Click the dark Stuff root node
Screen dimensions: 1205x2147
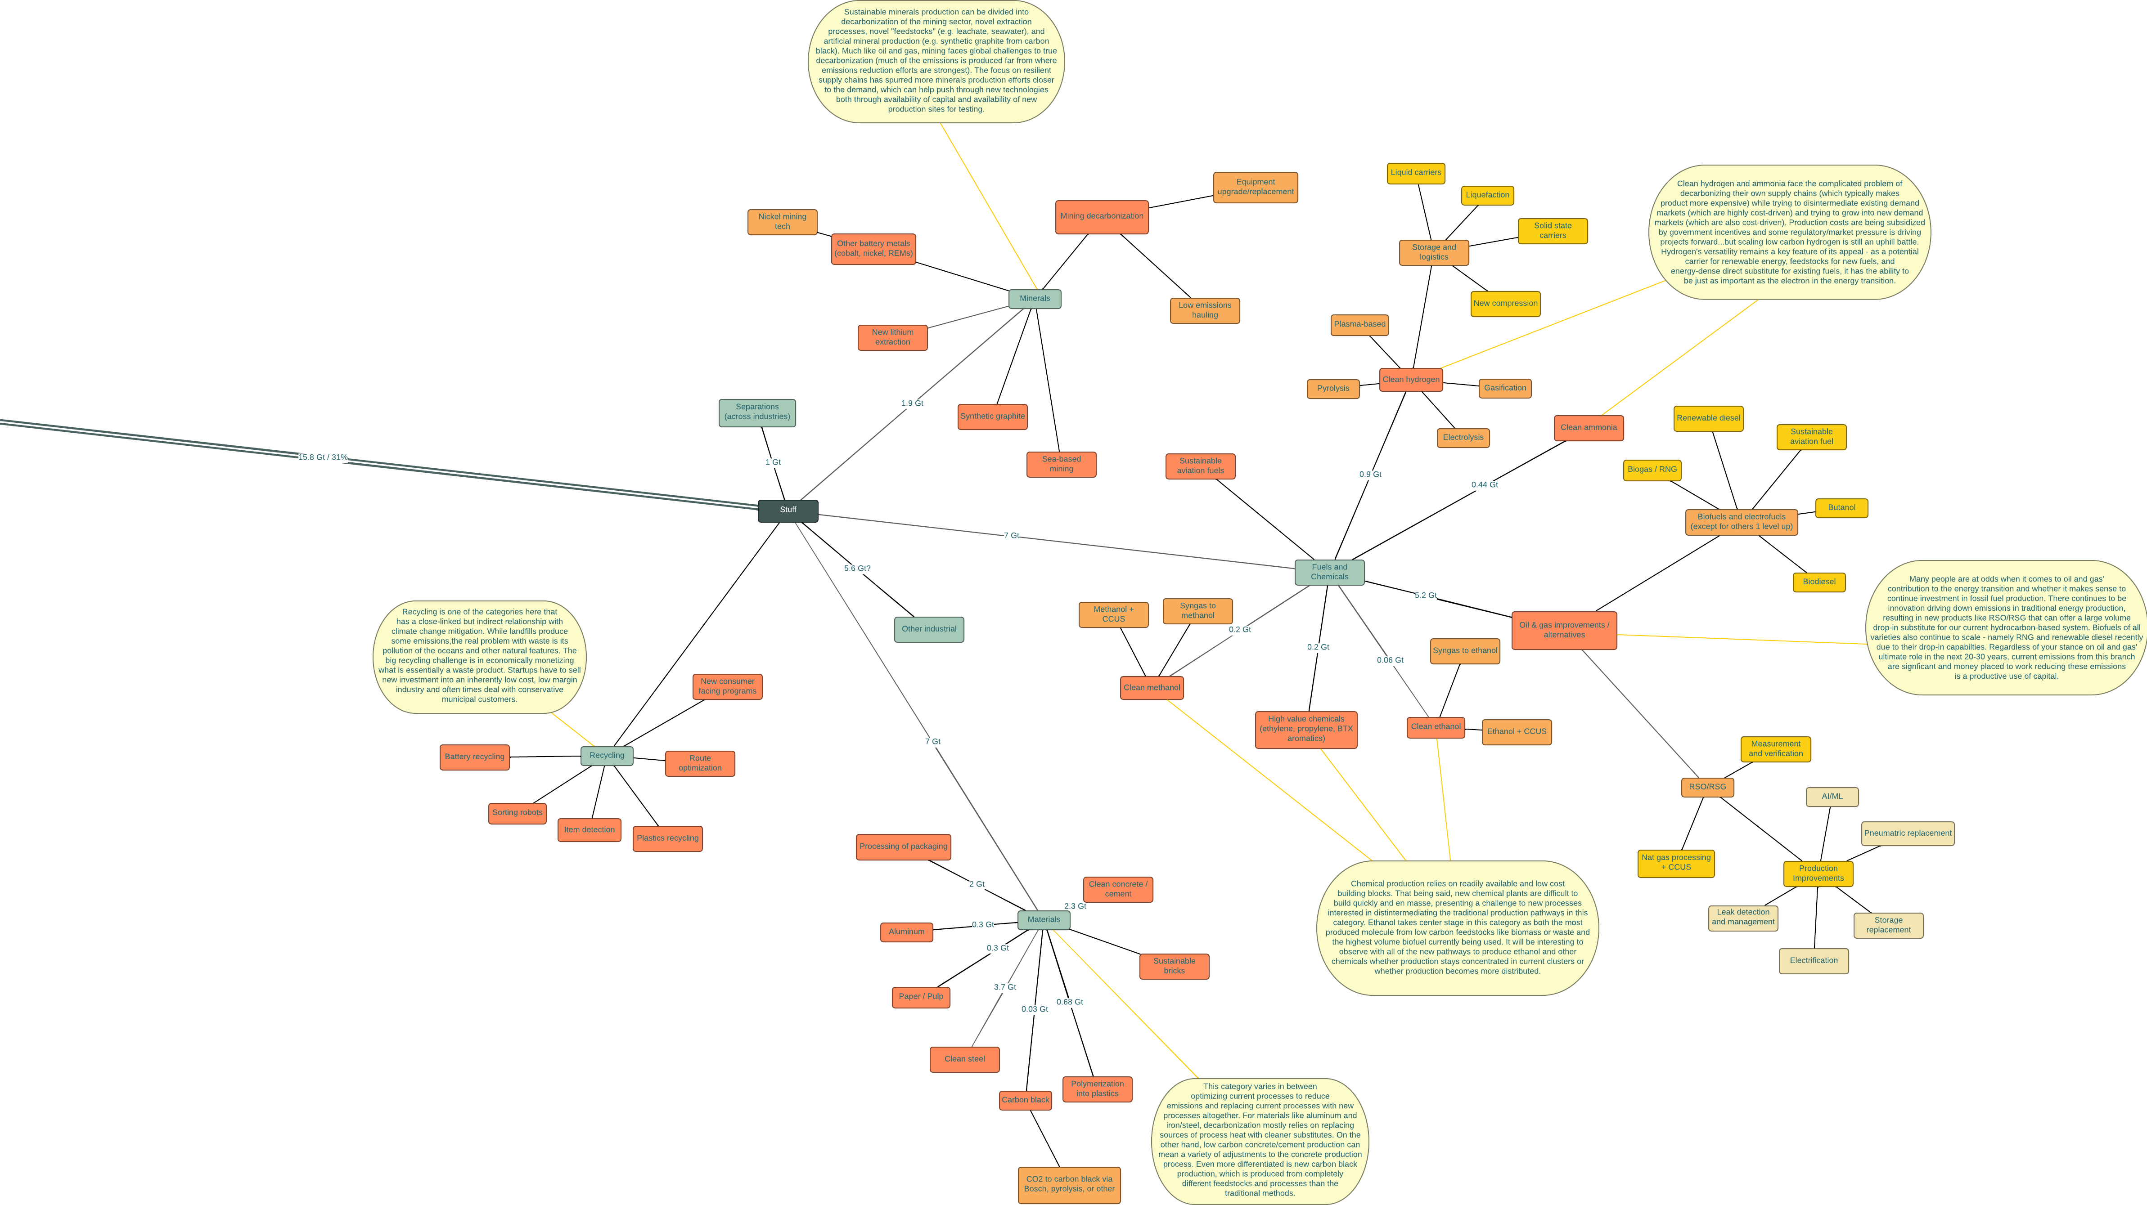pyautogui.click(x=788, y=510)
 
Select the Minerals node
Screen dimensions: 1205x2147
pyautogui.click(x=1034, y=298)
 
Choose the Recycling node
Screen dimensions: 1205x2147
pyautogui.click(x=607, y=756)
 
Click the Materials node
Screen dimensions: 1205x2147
pyautogui.click(x=1044, y=920)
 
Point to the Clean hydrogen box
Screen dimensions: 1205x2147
pyautogui.click(x=1410, y=380)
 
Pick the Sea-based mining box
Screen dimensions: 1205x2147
pyautogui.click(x=1061, y=464)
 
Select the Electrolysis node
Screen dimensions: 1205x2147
pyautogui.click(x=1463, y=438)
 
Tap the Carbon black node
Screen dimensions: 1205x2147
pyautogui.click(x=1025, y=1100)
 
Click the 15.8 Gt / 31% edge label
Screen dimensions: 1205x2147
pyautogui.click(x=323, y=457)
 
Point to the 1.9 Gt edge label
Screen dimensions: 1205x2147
pyautogui.click(x=912, y=403)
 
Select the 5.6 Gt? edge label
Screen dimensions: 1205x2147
pyautogui.click(x=857, y=569)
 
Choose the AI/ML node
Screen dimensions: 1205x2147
pyautogui.click(x=1832, y=797)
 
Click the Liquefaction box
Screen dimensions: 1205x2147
pyautogui.click(x=1487, y=195)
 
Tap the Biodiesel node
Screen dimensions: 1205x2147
pyautogui.click(x=1818, y=582)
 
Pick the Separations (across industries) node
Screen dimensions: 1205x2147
pyautogui.click(x=757, y=412)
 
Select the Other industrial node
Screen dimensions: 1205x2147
pyautogui.click(x=928, y=629)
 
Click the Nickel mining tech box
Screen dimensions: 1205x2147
pyautogui.click(x=782, y=222)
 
